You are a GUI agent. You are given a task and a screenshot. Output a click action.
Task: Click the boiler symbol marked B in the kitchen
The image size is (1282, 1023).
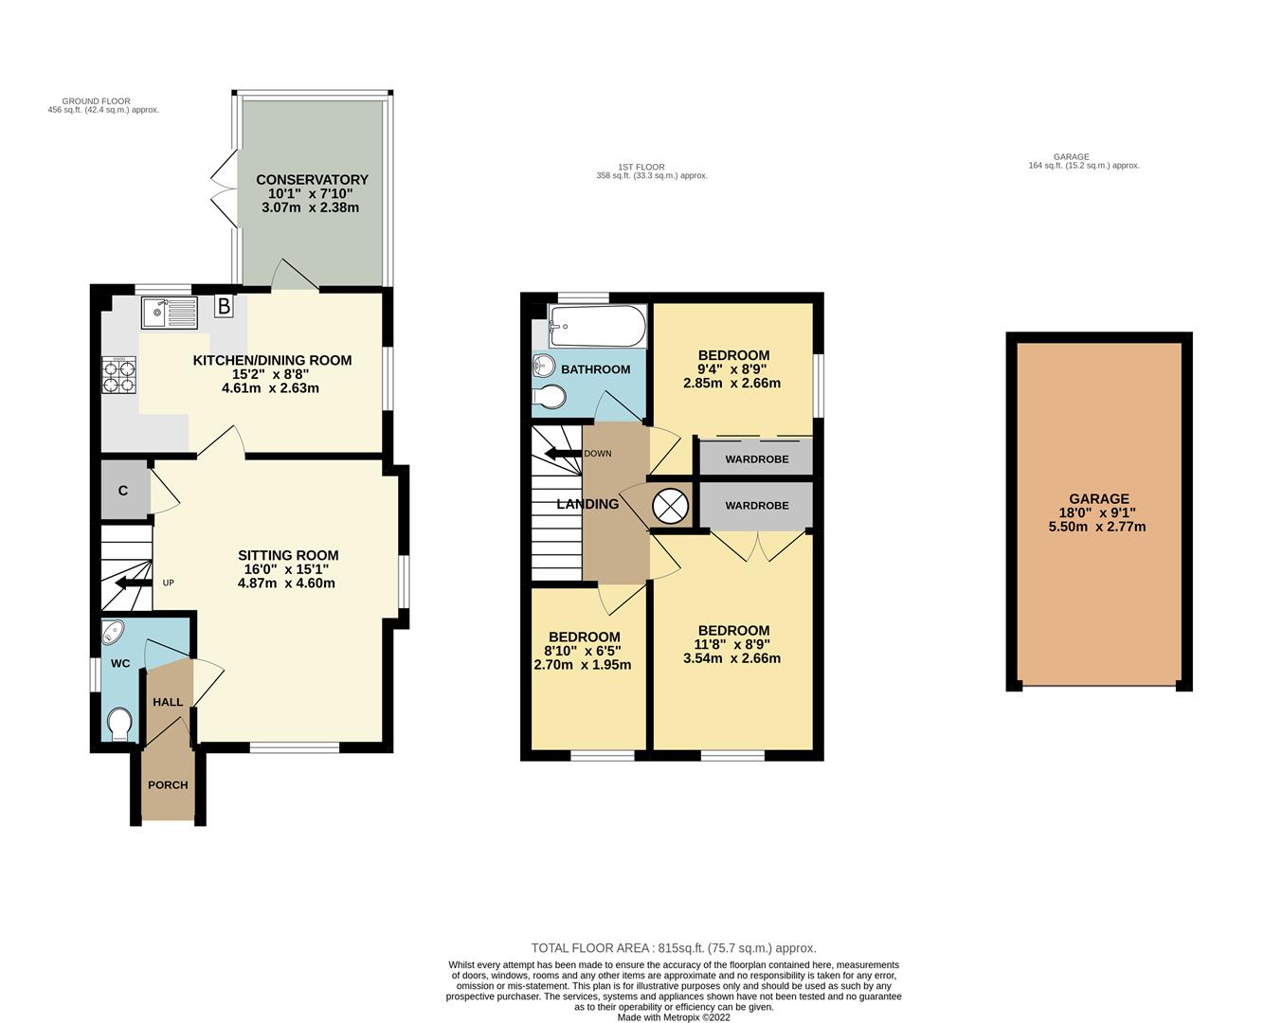click(224, 306)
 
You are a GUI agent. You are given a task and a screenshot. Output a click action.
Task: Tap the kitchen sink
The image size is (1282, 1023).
click(169, 314)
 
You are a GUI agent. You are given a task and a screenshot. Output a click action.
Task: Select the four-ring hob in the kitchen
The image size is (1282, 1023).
click(119, 374)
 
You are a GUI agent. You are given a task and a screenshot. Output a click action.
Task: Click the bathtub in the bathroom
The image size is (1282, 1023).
click(597, 327)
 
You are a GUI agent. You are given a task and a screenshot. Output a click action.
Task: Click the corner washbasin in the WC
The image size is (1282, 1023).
click(113, 631)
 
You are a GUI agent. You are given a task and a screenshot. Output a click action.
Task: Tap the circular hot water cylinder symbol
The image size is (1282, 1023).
click(671, 506)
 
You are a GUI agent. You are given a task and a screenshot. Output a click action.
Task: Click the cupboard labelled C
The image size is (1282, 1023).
click(123, 491)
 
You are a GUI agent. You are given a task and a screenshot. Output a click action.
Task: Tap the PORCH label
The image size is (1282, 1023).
click(168, 785)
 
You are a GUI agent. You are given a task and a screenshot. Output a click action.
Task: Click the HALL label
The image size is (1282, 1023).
click(168, 702)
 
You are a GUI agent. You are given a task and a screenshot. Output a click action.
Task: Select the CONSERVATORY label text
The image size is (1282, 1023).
click(312, 180)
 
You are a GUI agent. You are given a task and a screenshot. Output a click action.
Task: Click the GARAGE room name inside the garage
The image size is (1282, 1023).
click(1098, 498)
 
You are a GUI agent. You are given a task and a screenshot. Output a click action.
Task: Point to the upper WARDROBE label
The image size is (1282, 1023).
click(756, 459)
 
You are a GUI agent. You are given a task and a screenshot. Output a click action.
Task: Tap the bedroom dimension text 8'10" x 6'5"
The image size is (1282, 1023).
click(584, 651)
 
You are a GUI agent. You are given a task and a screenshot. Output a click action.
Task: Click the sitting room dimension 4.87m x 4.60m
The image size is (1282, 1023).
click(287, 583)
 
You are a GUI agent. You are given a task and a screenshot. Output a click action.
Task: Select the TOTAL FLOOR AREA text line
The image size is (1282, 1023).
click(673, 948)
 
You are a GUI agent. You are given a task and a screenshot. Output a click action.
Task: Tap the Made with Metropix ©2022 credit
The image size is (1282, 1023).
click(674, 1017)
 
